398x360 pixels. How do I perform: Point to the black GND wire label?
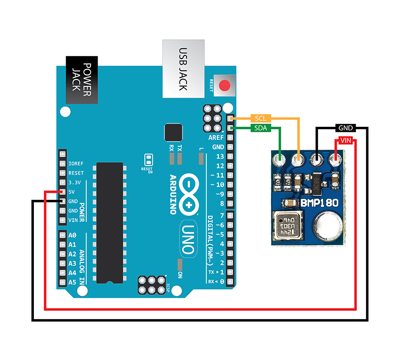(345, 128)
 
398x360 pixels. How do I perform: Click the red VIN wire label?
(347, 141)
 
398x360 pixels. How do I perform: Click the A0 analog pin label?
(72, 235)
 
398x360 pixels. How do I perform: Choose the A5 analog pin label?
(72, 282)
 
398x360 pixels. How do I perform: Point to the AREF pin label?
(216, 138)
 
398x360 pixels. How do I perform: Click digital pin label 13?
(220, 157)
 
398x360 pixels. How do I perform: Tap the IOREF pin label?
(76, 164)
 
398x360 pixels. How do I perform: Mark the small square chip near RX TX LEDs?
(173, 132)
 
